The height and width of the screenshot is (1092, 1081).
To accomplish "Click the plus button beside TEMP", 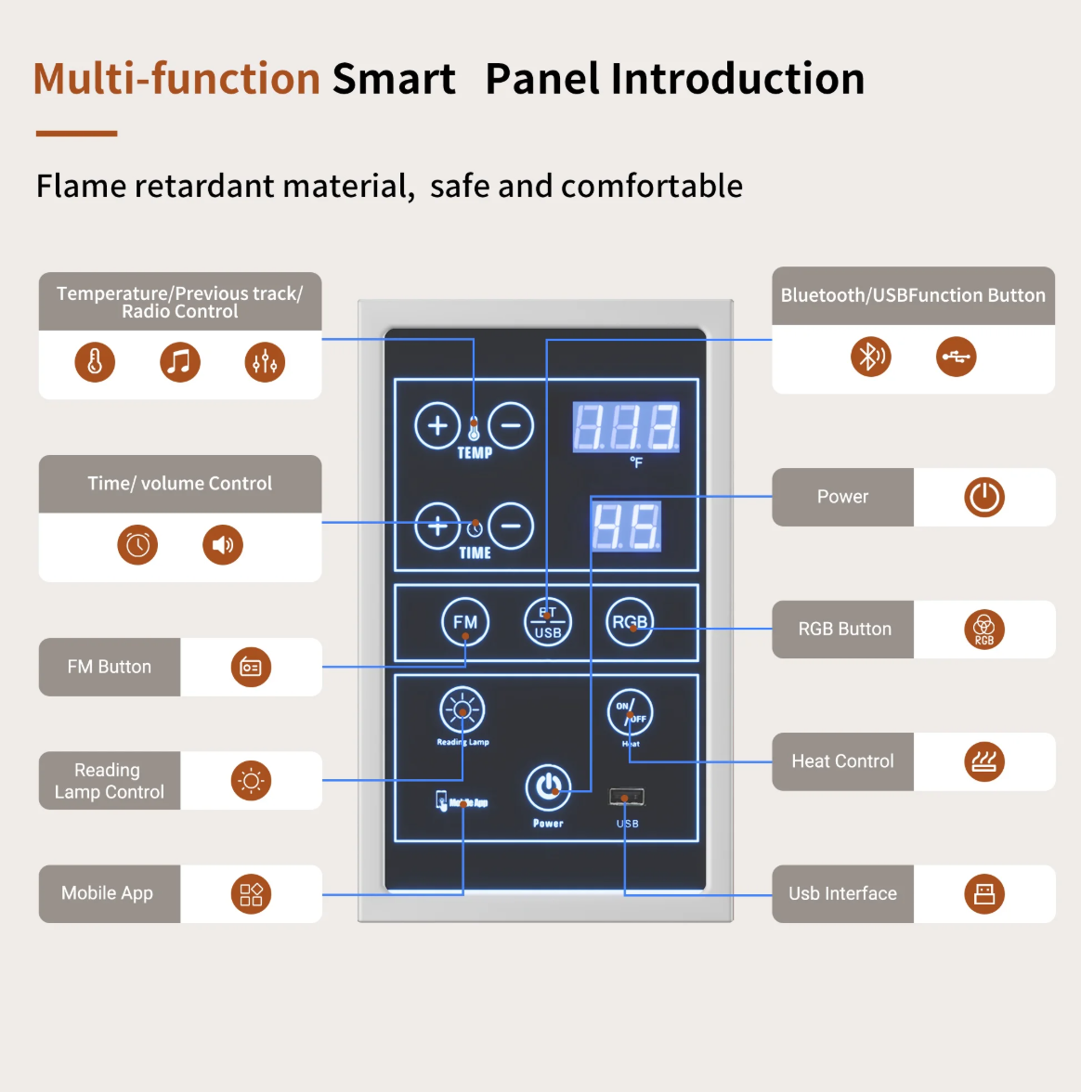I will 437,425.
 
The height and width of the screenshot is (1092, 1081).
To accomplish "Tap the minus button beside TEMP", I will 511,425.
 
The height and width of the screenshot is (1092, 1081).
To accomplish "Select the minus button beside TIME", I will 511,526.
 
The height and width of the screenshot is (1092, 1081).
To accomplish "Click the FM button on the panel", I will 465,622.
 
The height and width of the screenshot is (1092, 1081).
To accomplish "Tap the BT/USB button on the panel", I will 548,622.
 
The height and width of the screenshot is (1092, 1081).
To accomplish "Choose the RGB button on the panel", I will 630,622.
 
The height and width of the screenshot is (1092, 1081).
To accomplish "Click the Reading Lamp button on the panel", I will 462,710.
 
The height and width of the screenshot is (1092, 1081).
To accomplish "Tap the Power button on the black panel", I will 548,787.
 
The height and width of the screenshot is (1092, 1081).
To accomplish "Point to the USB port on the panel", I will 627,797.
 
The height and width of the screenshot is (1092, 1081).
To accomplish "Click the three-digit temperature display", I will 626,427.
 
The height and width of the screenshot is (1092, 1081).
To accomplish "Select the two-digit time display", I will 627,526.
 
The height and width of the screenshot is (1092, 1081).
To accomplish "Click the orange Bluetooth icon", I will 870,357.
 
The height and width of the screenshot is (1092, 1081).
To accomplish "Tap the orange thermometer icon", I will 95,362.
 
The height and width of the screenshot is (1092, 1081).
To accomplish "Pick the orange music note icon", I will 180,362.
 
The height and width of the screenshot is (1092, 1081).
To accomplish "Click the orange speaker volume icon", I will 223,545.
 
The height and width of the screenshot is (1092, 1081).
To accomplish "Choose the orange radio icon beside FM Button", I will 251,667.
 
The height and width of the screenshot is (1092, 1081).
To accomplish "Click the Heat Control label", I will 842,761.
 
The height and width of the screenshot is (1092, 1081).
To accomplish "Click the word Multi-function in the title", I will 177,79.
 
